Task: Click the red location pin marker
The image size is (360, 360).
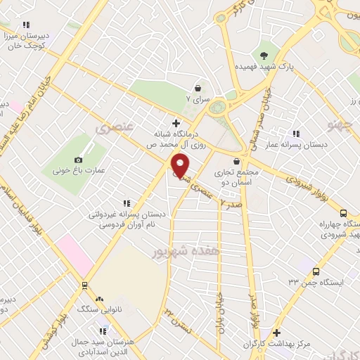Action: [181, 166]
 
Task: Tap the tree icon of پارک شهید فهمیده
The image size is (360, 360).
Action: [264, 56]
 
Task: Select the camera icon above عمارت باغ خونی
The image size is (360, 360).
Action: [79, 160]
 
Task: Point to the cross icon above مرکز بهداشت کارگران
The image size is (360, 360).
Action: [276, 333]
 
